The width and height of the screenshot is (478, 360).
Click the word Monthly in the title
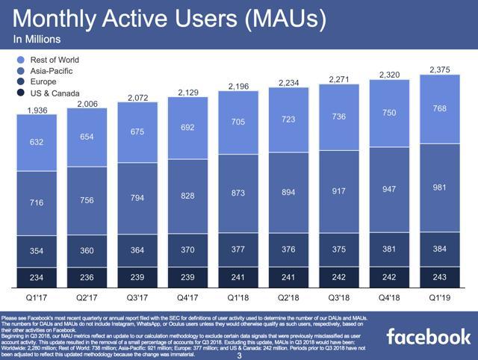click(x=64, y=17)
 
